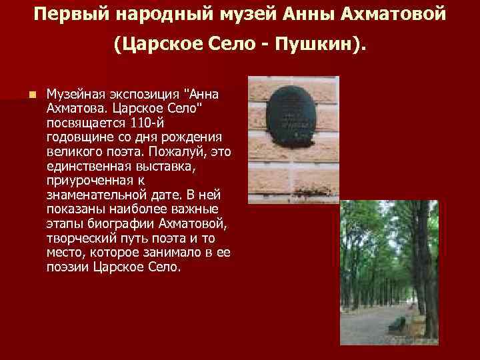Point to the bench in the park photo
pyautogui.click(x=398, y=325)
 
